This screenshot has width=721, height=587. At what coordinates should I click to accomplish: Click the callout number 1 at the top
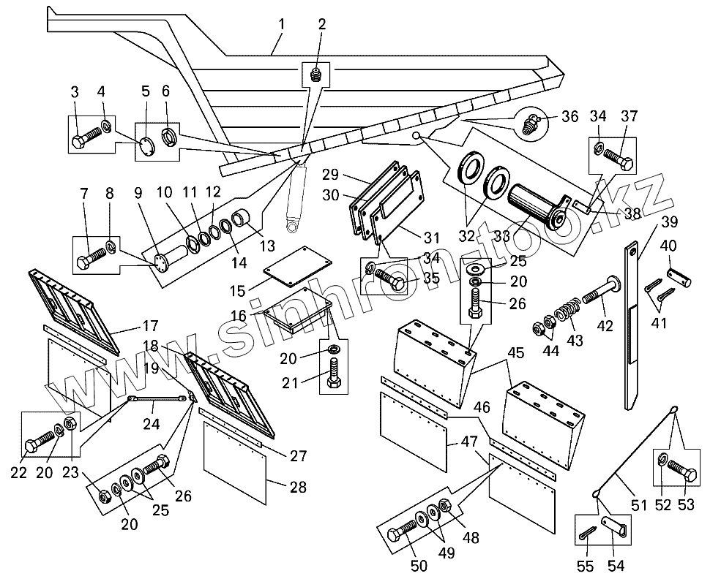click(x=281, y=25)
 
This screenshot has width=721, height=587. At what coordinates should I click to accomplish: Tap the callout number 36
click(x=571, y=116)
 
